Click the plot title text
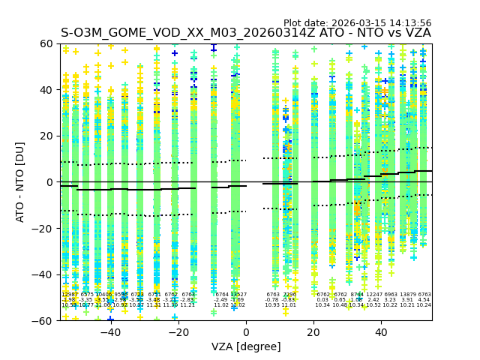pos(246,33)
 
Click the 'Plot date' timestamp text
pos(357,23)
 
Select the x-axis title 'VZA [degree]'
pos(246,346)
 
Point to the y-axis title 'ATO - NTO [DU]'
pos(20,181)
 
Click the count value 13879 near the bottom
pos(407,295)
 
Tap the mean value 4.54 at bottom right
pos(424,300)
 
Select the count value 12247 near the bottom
pos(373,295)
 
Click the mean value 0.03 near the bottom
pos(322,300)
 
